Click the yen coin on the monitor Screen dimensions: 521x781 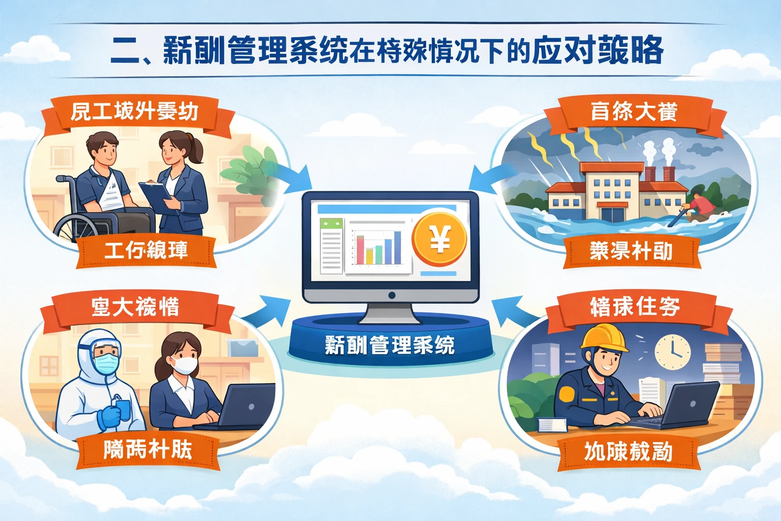[439, 239]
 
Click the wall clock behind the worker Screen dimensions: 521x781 [672, 351]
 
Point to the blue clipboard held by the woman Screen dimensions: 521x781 [156, 196]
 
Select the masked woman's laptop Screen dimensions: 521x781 [244, 407]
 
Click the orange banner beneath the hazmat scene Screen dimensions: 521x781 [147, 450]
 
